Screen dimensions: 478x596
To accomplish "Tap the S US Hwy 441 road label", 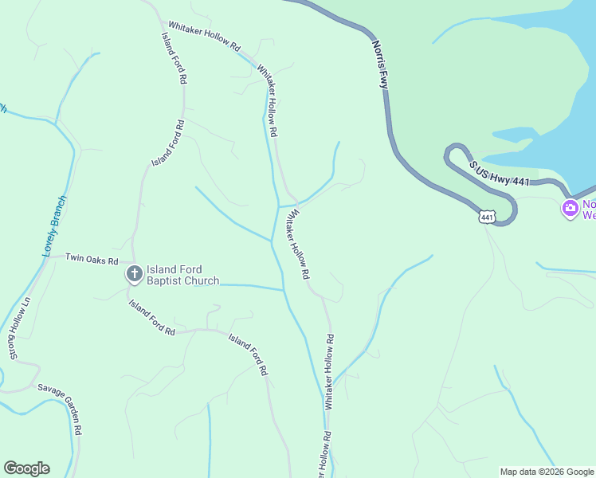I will pos(500,174).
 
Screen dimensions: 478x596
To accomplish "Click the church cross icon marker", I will pos(135,275).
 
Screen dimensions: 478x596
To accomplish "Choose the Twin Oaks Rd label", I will pos(92,259).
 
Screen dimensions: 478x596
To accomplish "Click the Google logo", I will pos(26,468).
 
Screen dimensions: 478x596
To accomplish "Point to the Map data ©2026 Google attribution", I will pos(547,472).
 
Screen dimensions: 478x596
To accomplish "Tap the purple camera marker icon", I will pos(570,209).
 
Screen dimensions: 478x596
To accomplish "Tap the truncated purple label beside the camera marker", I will pos(589,209).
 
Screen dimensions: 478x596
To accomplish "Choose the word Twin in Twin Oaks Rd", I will pos(74,258).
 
